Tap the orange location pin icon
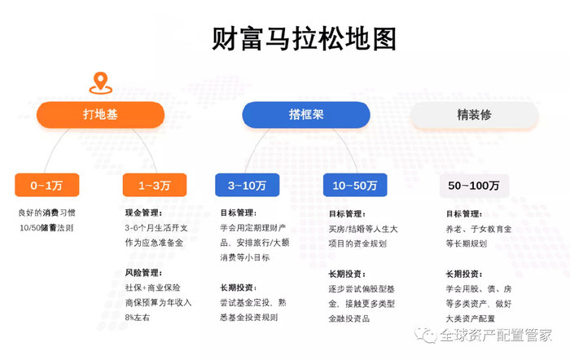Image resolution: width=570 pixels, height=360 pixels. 99,82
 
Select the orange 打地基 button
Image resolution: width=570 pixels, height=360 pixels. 99,115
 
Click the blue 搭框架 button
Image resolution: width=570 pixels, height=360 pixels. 306,115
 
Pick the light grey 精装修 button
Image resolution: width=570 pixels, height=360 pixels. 474,115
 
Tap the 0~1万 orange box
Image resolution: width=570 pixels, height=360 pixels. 46,186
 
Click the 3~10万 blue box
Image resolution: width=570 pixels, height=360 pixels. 247,186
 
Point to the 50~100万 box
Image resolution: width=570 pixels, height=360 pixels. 474,186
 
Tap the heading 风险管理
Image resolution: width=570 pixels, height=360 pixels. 143,272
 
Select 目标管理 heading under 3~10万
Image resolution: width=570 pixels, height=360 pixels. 238,213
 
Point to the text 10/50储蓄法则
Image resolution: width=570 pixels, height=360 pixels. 46,227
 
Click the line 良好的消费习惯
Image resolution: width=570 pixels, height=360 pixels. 46,213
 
